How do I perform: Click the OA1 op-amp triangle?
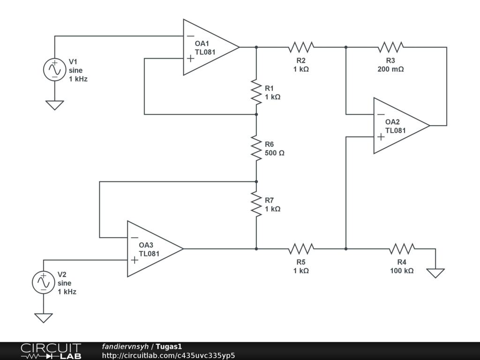coord(209,47)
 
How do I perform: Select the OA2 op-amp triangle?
coord(399,126)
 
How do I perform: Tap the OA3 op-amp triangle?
coord(152,249)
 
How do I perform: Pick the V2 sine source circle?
coord(43,282)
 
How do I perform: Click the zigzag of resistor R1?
coord(256,92)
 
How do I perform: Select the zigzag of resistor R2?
coord(301,47)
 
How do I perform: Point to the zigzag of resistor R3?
coord(390,47)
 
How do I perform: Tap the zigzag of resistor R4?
coord(402,248)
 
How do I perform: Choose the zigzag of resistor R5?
coord(301,248)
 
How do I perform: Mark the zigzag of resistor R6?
coord(256,148)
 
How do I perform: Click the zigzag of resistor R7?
coord(256,204)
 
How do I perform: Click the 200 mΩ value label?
coord(390,68)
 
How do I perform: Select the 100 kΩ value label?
coord(402,270)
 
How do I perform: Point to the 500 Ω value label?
coord(275,153)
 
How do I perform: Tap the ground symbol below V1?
coord(54,105)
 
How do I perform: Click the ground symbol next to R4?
coord(435,272)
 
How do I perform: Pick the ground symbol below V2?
coord(43,318)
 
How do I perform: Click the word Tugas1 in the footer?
coord(169,346)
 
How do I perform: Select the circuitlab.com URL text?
coord(168,355)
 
